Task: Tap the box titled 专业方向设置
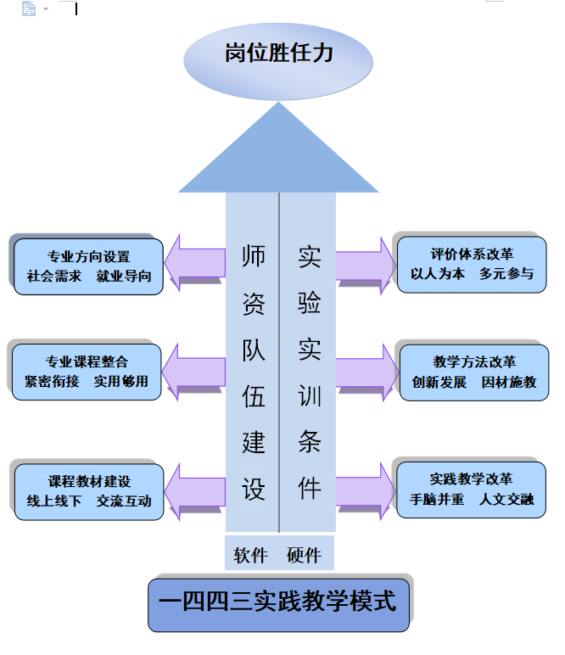point(88,266)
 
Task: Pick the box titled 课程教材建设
point(89,491)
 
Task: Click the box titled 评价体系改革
point(472,264)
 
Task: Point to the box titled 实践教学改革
point(472,490)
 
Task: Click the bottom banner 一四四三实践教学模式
point(278,604)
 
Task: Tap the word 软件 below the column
point(250,556)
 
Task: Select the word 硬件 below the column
point(304,556)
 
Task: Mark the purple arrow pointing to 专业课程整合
point(194,370)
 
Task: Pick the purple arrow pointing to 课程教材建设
point(195,490)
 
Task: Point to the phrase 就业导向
point(124,276)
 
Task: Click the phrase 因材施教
point(509,382)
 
